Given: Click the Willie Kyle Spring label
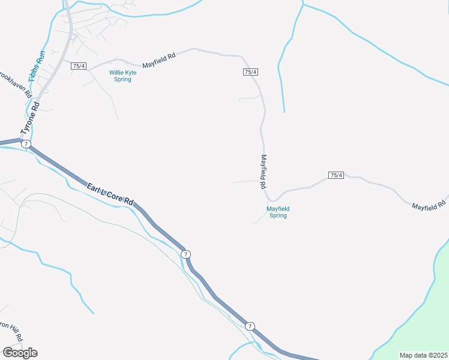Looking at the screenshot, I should pos(122,76).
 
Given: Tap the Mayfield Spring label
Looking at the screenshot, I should pos(278,212).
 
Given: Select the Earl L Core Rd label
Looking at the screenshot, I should pos(109,195).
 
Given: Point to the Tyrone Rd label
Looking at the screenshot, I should pos(30,118).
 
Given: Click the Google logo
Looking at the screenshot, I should pos(20,352).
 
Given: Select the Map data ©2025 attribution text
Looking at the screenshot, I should pos(423,355).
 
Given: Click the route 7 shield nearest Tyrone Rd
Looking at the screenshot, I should pos(25,144).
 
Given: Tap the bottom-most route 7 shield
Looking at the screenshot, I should pos(249,326).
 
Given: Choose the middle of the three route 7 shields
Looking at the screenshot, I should pos(186,254).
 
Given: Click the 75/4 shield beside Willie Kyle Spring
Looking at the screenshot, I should pos(79,66).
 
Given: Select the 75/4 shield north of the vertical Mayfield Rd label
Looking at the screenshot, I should pos(251,72).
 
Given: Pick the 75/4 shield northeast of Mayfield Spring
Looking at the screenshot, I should pos(336,175).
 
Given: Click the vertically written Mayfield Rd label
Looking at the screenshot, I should pos(263,172).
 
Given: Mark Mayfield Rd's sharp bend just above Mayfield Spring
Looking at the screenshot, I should pos(272,199).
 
